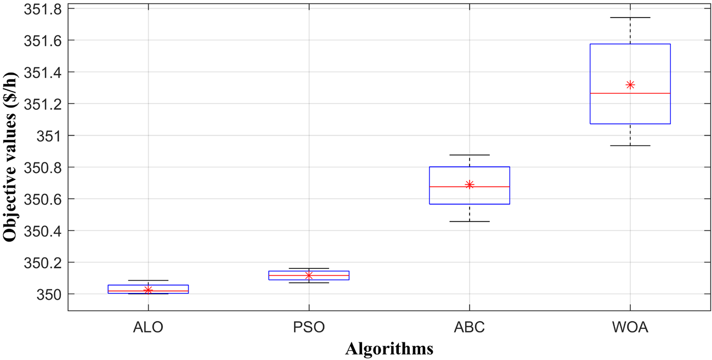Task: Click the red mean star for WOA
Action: pos(630,85)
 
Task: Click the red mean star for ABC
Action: pos(470,184)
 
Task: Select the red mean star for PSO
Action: pos(309,275)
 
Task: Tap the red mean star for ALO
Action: pos(148,290)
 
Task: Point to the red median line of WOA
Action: pos(630,93)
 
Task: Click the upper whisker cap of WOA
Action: pos(630,18)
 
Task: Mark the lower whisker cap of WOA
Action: pos(630,145)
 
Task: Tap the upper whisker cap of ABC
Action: pos(470,155)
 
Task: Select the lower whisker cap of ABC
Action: pos(470,221)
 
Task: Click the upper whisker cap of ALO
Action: pos(148,280)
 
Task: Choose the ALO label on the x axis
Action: pos(148,328)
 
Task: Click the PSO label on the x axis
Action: pos(309,328)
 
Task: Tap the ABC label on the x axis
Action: pos(470,328)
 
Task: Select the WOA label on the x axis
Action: pos(630,328)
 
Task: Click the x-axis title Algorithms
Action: pos(389,348)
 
